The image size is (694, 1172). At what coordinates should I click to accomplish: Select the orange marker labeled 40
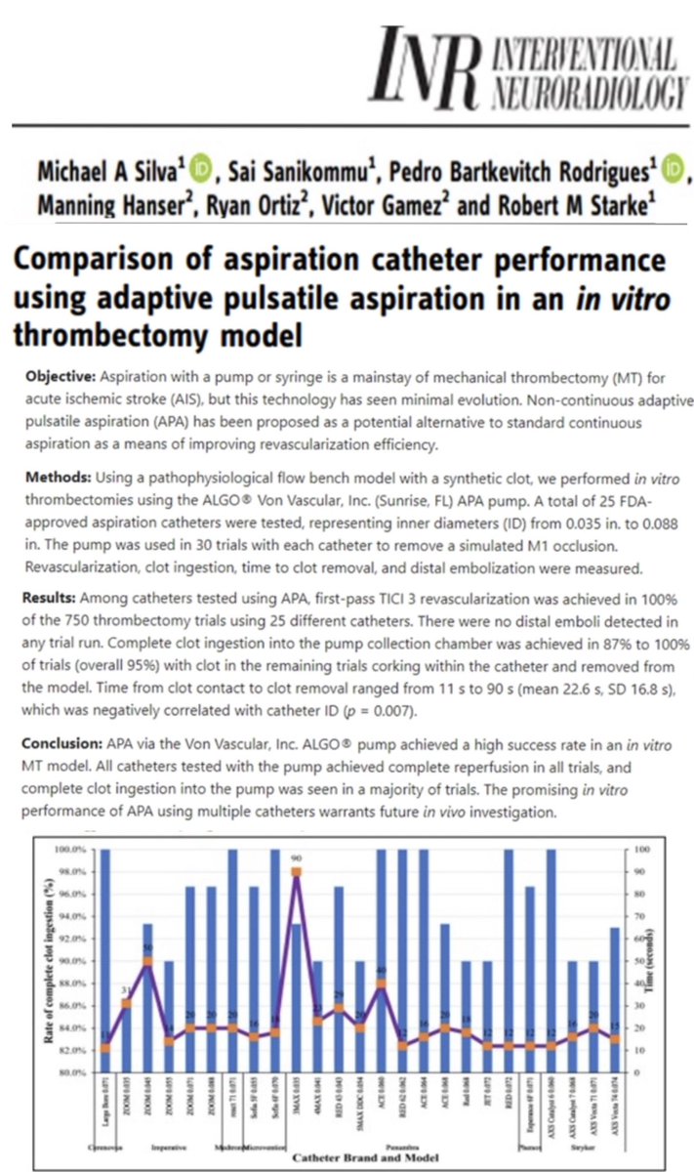click(381, 984)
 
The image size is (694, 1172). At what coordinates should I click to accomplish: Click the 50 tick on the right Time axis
click(637, 961)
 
